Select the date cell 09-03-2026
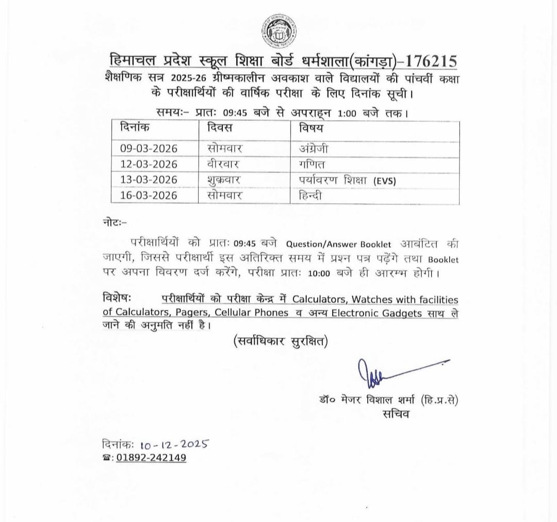pyautogui.click(x=149, y=149)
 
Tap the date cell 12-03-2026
pyautogui.click(x=149, y=164)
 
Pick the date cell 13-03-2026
pyautogui.click(x=149, y=180)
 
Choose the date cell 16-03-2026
pyautogui.click(x=149, y=195)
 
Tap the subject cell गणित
pyautogui.click(x=312, y=164)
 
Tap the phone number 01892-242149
pyautogui.click(x=151, y=458)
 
